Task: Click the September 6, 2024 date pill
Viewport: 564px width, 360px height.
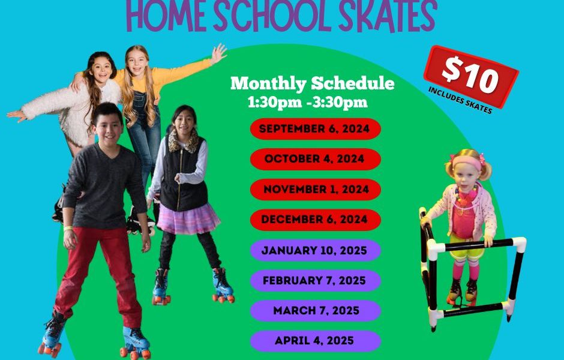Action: click(316, 129)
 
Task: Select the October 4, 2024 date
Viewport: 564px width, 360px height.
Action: click(316, 159)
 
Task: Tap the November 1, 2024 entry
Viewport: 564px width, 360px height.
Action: click(316, 190)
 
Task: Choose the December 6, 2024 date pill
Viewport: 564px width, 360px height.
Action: click(316, 220)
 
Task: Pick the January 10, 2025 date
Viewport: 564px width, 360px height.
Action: click(316, 250)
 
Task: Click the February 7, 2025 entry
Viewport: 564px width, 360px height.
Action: click(316, 281)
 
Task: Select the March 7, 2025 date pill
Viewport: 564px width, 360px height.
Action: click(316, 311)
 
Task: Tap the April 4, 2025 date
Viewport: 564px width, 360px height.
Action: click(316, 341)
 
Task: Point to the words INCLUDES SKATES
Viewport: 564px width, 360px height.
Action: click(460, 100)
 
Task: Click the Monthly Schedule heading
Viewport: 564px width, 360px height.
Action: click(312, 83)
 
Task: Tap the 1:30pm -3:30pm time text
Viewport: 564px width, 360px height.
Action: click(308, 103)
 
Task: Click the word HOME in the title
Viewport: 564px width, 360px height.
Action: click(167, 16)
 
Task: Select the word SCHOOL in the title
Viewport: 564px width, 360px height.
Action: click(272, 16)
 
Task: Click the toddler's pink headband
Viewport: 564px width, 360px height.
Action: click(467, 162)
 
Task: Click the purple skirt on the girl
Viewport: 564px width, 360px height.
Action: click(188, 219)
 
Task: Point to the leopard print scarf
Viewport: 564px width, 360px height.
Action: click(184, 140)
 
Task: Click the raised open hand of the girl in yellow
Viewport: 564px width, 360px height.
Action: click(218, 53)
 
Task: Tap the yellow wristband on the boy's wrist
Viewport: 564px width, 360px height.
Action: click(68, 227)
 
